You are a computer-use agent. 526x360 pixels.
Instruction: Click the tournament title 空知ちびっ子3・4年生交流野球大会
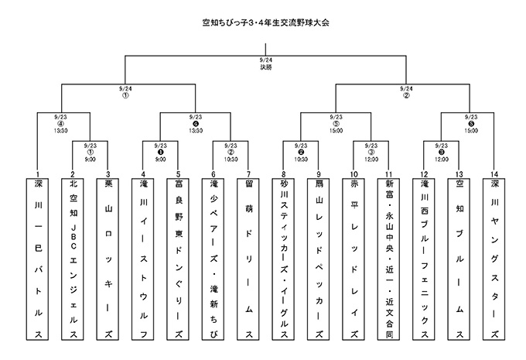point(265,22)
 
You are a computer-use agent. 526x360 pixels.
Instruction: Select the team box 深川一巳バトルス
point(38,259)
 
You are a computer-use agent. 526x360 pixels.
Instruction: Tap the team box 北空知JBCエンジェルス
point(73,259)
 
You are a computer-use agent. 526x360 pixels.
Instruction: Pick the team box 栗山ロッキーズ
point(108,259)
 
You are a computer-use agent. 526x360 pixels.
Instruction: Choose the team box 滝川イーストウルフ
point(143,259)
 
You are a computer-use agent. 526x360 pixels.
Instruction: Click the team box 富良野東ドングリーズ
point(178,259)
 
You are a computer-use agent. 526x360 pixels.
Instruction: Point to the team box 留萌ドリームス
point(248,259)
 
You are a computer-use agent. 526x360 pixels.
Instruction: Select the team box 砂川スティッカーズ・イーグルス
point(283,259)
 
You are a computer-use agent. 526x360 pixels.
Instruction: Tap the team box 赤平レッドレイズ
point(354,259)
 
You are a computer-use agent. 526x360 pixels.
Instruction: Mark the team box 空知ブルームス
point(459,259)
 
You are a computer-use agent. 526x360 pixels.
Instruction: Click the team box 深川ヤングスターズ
point(494,259)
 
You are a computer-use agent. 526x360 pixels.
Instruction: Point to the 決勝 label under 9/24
point(265,67)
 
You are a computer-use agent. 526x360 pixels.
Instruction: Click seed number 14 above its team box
point(494,174)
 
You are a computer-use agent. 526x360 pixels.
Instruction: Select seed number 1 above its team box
point(38,174)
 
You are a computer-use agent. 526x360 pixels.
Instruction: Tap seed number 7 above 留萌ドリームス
point(248,174)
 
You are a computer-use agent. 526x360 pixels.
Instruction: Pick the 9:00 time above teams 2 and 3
point(91,159)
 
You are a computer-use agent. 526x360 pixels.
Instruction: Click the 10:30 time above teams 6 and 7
point(231,159)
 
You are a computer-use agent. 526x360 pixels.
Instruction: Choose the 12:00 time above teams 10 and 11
point(371,159)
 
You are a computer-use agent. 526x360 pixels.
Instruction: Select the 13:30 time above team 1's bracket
point(60,131)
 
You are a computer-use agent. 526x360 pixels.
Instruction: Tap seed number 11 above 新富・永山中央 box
point(388,174)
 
